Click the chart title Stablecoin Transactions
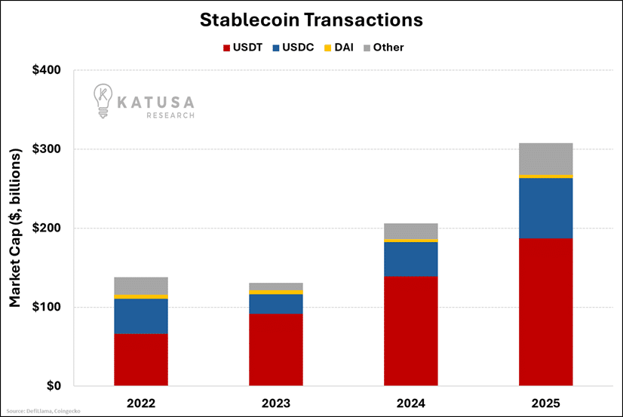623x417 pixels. click(311, 20)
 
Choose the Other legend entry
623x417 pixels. click(385, 48)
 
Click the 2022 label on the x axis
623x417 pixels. click(141, 402)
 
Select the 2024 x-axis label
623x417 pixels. click(411, 402)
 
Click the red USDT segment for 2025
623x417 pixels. click(545, 311)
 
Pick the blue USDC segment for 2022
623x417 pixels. click(141, 316)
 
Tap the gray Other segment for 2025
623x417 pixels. click(545, 158)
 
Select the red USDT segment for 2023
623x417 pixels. click(276, 349)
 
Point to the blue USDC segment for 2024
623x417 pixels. click(411, 259)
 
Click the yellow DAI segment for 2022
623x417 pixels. click(141, 296)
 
